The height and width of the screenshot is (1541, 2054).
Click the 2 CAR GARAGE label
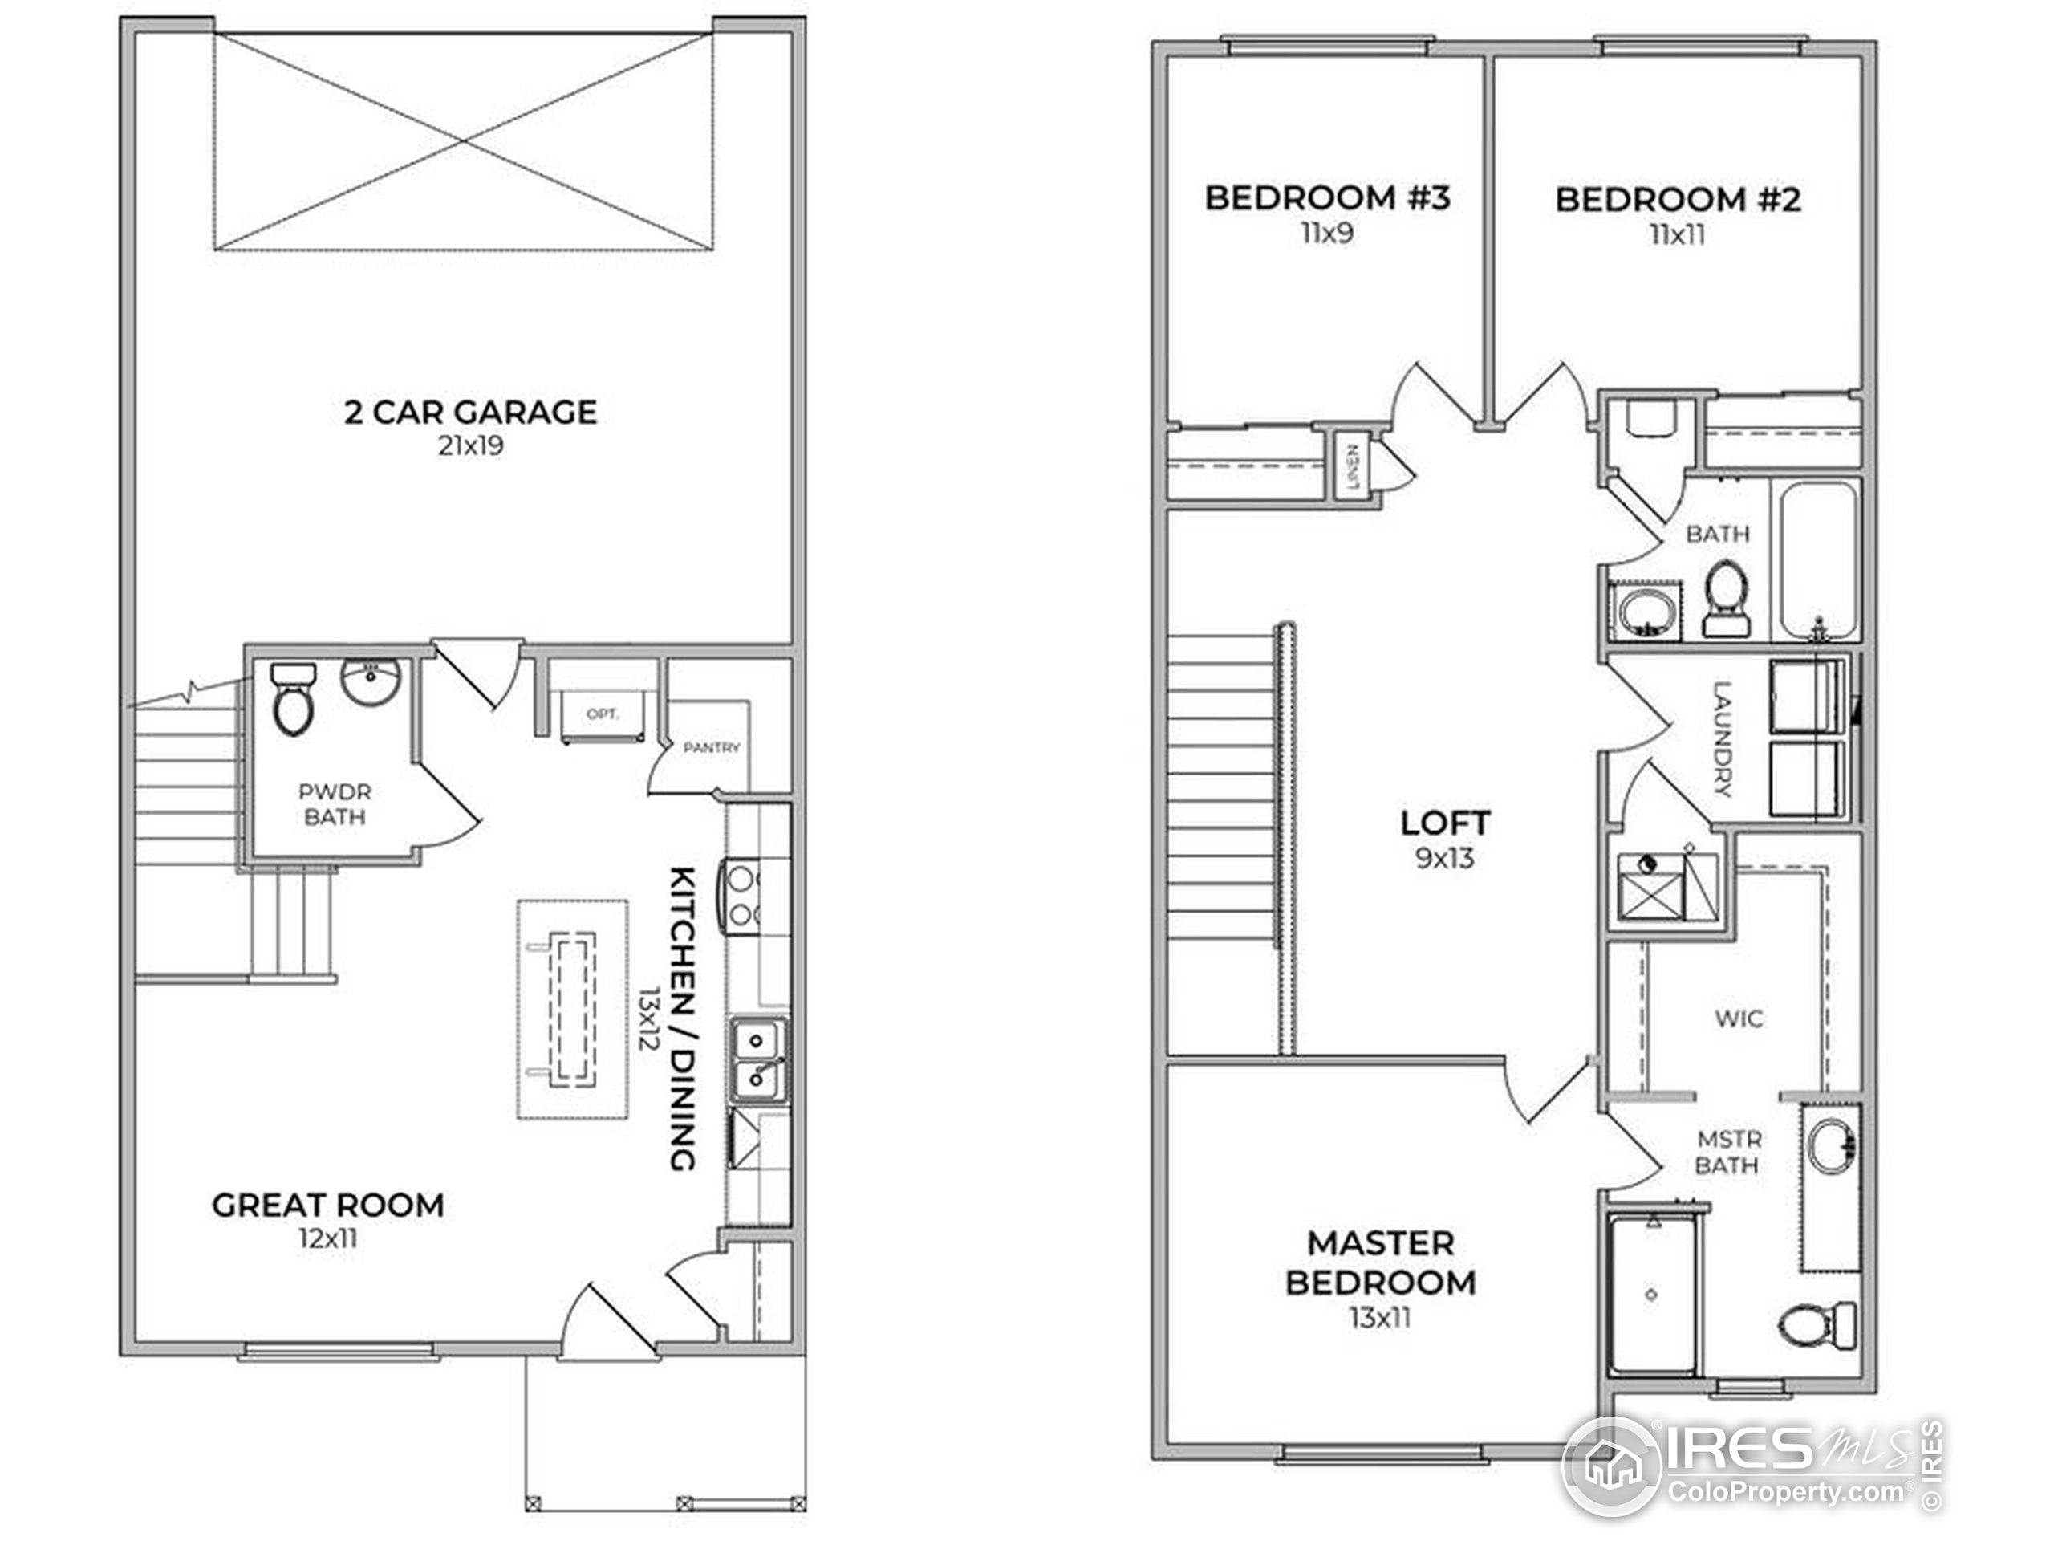click(470, 412)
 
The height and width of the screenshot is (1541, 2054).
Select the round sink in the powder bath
click(371, 683)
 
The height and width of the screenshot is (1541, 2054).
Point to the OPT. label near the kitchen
click(602, 714)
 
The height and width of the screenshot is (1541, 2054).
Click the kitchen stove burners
click(743, 897)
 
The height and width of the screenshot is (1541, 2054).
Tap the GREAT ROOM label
click(328, 1205)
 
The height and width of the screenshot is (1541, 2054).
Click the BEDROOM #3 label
click(1327, 198)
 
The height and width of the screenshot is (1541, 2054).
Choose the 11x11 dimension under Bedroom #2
click(1677, 235)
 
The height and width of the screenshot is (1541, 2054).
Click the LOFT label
click(1445, 823)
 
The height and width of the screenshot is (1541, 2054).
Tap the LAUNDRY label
click(1722, 739)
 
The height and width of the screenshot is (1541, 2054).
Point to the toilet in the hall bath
click(1727, 595)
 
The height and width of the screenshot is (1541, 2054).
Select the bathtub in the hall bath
click(1817, 560)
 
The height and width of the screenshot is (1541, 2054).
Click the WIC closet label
click(1739, 1019)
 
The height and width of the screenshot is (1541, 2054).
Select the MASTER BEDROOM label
click(1380, 1262)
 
